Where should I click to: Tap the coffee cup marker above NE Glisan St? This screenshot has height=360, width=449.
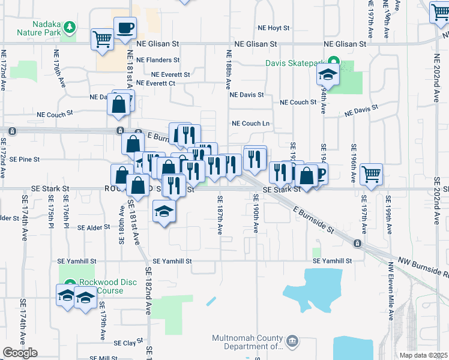pos(125,28)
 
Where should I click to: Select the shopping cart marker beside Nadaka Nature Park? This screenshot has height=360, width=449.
pos(102,40)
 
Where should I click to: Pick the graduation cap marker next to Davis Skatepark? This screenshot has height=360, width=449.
pos(328,75)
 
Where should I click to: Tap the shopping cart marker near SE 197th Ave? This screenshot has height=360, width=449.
pos(372,175)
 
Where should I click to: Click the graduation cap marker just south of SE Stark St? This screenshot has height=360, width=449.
pos(163,212)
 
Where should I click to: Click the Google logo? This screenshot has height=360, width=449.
pos(20,353)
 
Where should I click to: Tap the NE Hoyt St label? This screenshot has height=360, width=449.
pos(273,28)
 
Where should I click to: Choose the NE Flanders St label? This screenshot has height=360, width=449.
pos(158,60)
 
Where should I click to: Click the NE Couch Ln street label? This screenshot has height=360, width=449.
pos(251,124)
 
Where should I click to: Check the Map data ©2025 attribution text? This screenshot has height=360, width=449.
pos(424,355)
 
